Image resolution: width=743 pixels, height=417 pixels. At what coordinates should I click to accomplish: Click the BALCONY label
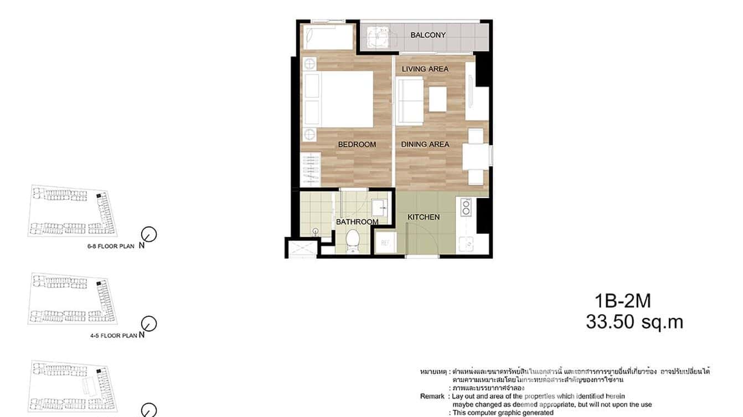click(428, 35)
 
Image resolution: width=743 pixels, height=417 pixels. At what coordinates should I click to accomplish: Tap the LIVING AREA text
click(425, 69)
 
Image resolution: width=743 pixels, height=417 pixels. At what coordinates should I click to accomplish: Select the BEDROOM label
click(357, 144)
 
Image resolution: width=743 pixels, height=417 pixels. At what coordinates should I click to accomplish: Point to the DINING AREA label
click(425, 144)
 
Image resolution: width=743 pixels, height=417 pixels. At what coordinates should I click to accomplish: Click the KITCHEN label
click(424, 217)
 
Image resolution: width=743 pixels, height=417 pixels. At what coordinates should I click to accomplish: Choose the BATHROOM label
click(357, 222)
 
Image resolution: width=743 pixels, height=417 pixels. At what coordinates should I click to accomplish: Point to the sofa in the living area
click(409, 99)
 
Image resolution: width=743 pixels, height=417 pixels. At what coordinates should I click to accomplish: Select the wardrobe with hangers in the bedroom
click(311, 169)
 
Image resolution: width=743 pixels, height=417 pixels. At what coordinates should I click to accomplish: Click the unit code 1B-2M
click(623, 301)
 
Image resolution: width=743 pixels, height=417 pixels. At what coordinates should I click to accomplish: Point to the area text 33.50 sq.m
click(634, 322)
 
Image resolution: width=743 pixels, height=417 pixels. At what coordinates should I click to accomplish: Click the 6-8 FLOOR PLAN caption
click(111, 247)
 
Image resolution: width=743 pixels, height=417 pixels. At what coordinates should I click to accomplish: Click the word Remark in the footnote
click(432, 397)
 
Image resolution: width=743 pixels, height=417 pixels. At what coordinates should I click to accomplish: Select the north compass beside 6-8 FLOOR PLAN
click(149, 234)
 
